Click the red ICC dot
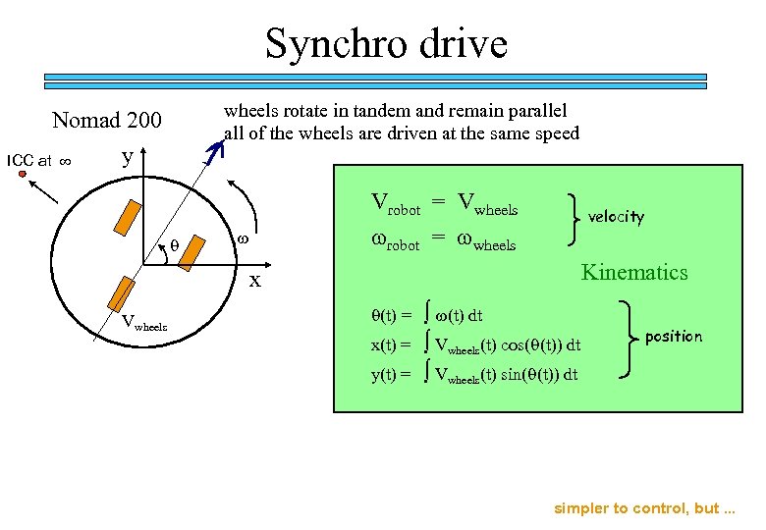point(22,174)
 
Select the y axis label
point(126,157)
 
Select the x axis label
point(254,281)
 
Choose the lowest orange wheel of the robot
point(122,292)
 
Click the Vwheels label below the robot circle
point(144,323)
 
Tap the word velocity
point(616,217)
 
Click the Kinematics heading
point(634,272)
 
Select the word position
point(674,337)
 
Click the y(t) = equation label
point(391,374)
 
